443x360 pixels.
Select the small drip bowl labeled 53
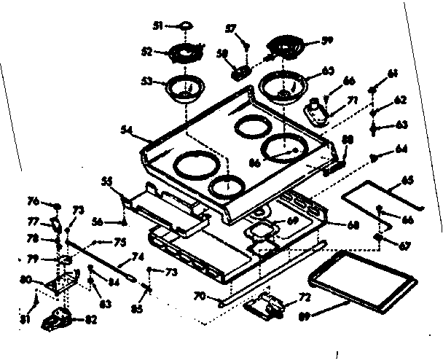182,87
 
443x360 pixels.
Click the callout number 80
25,279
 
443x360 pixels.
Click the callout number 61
393,74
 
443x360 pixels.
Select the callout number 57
231,29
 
